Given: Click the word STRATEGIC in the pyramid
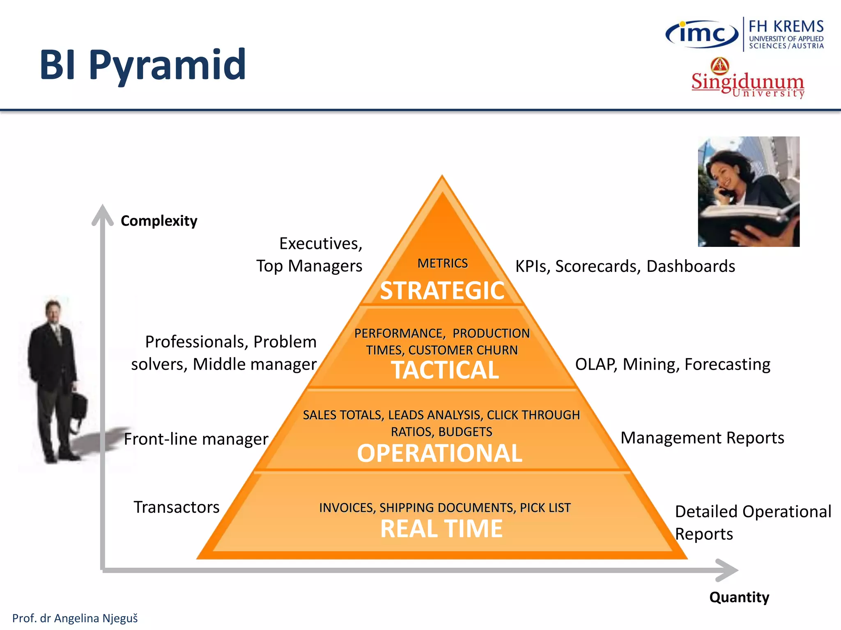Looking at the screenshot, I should click(x=442, y=290).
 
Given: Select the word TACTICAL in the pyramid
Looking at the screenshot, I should click(x=445, y=370).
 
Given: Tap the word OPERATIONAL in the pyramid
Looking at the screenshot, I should click(x=439, y=453).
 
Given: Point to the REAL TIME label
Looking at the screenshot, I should click(x=441, y=528).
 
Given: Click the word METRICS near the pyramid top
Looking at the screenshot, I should click(x=443, y=263).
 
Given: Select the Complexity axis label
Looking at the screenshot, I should click(x=159, y=221).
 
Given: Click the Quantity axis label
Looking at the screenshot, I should click(x=739, y=597).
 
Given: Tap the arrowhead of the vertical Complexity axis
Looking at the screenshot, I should click(x=102, y=214).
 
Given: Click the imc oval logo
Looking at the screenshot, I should click(x=702, y=34).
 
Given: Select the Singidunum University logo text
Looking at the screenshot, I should click(x=747, y=84).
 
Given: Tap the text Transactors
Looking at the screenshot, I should click(x=177, y=507).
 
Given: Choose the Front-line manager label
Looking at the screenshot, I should click(x=196, y=439).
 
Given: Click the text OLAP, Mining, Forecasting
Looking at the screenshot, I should click(x=672, y=364).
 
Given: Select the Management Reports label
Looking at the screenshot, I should click(x=702, y=438).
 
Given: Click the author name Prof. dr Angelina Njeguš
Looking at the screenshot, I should click(x=75, y=618).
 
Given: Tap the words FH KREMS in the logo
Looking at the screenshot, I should click(x=786, y=27).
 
